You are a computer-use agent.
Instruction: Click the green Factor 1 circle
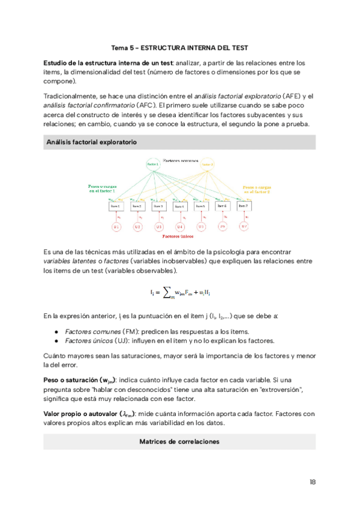(x=153, y=164)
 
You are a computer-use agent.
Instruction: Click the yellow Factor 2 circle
(x=208, y=164)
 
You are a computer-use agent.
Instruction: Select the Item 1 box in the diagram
(x=115, y=206)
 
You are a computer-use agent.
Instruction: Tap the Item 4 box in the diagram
(x=179, y=206)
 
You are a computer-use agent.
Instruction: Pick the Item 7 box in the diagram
(x=244, y=206)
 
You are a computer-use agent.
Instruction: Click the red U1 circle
(x=116, y=227)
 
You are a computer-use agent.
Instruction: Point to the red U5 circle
(x=201, y=227)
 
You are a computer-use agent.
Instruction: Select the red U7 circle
(x=244, y=227)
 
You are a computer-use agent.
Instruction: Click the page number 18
(x=313, y=482)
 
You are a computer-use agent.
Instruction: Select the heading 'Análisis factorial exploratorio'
(x=91, y=142)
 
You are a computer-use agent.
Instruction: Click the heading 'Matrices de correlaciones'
(x=179, y=442)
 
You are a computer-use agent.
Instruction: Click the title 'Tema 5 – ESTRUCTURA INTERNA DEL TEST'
(x=179, y=47)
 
